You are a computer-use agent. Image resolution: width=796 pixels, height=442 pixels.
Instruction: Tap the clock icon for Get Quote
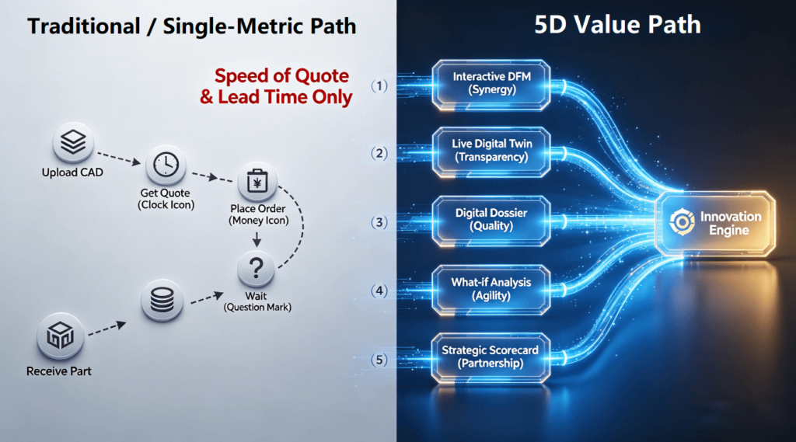pyautogui.click(x=165, y=165)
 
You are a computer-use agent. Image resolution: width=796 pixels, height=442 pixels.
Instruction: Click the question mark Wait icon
pyautogui.click(x=257, y=270)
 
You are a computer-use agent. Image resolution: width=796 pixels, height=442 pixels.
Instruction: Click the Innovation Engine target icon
pyautogui.click(x=682, y=223)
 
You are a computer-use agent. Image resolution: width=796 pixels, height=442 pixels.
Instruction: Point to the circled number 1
pyautogui.click(x=380, y=86)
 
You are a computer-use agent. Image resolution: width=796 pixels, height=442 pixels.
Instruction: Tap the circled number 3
pyautogui.click(x=380, y=222)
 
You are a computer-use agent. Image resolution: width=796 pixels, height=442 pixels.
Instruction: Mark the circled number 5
pyautogui.click(x=380, y=360)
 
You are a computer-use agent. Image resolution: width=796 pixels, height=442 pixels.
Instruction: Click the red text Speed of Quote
pyautogui.click(x=281, y=76)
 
